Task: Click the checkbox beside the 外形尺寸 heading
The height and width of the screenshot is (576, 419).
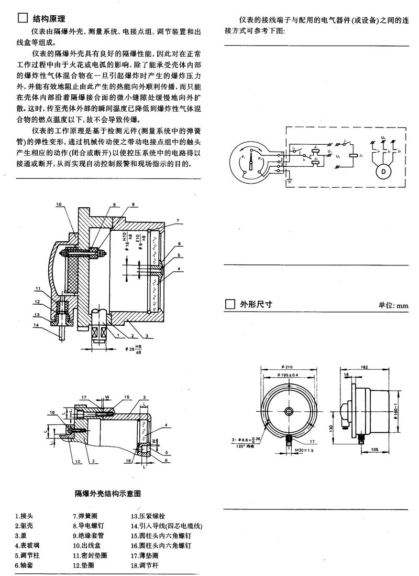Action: click(229, 305)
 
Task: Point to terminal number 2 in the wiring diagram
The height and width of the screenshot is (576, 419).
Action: click(282, 158)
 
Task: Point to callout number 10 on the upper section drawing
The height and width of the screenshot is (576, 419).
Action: click(59, 204)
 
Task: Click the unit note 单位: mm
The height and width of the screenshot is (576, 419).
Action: click(393, 306)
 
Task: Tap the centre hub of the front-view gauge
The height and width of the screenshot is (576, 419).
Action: click(289, 411)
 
